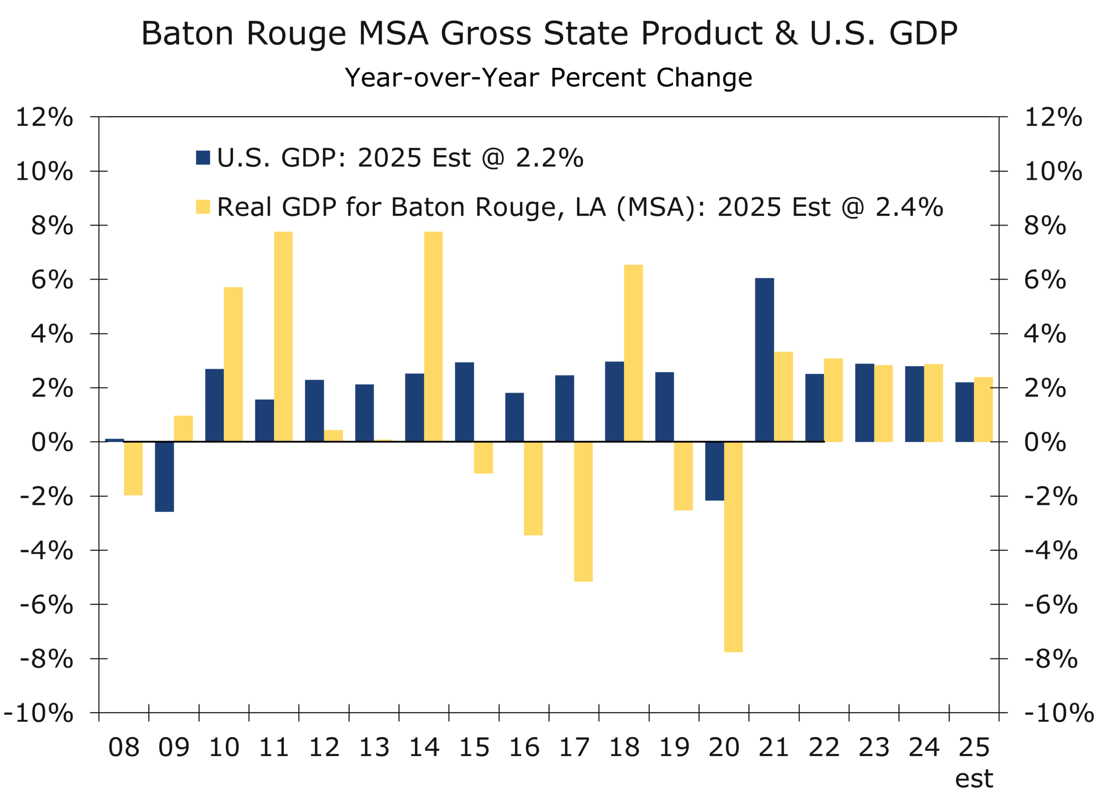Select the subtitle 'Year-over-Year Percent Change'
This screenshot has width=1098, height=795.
pos(548,78)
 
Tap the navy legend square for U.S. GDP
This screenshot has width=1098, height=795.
pos(203,158)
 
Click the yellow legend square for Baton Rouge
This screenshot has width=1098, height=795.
pos(203,207)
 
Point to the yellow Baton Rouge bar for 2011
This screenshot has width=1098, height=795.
pos(283,336)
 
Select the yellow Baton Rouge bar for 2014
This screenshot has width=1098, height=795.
pos(433,336)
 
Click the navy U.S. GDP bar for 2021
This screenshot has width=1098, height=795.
pos(764,360)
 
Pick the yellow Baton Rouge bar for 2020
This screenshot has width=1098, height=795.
pos(733,547)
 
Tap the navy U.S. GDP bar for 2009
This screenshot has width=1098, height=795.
pos(164,477)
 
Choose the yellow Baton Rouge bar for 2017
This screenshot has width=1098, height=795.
pos(583,511)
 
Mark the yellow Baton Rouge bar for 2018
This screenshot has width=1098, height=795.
pos(633,353)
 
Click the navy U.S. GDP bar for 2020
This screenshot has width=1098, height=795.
pos(715,471)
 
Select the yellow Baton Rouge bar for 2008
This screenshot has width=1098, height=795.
pos(133,468)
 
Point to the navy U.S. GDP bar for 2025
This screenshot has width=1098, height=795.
pos(964,412)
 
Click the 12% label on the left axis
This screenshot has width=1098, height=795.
pos(45,117)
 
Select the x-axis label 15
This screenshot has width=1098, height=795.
pos(474,747)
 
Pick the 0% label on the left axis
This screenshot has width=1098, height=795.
pos(52,442)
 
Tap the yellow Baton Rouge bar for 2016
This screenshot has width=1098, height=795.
pos(533,488)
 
